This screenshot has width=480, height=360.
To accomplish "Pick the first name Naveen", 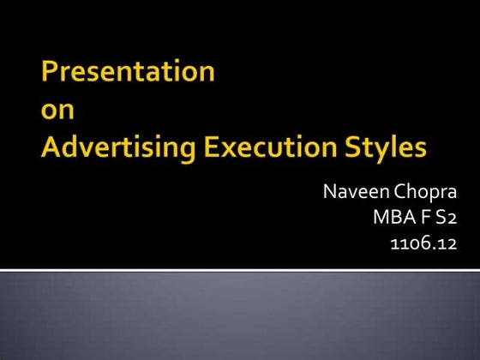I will pyautogui.click(x=355, y=191).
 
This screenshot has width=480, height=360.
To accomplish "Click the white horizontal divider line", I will pyautogui.click(x=240, y=271).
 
